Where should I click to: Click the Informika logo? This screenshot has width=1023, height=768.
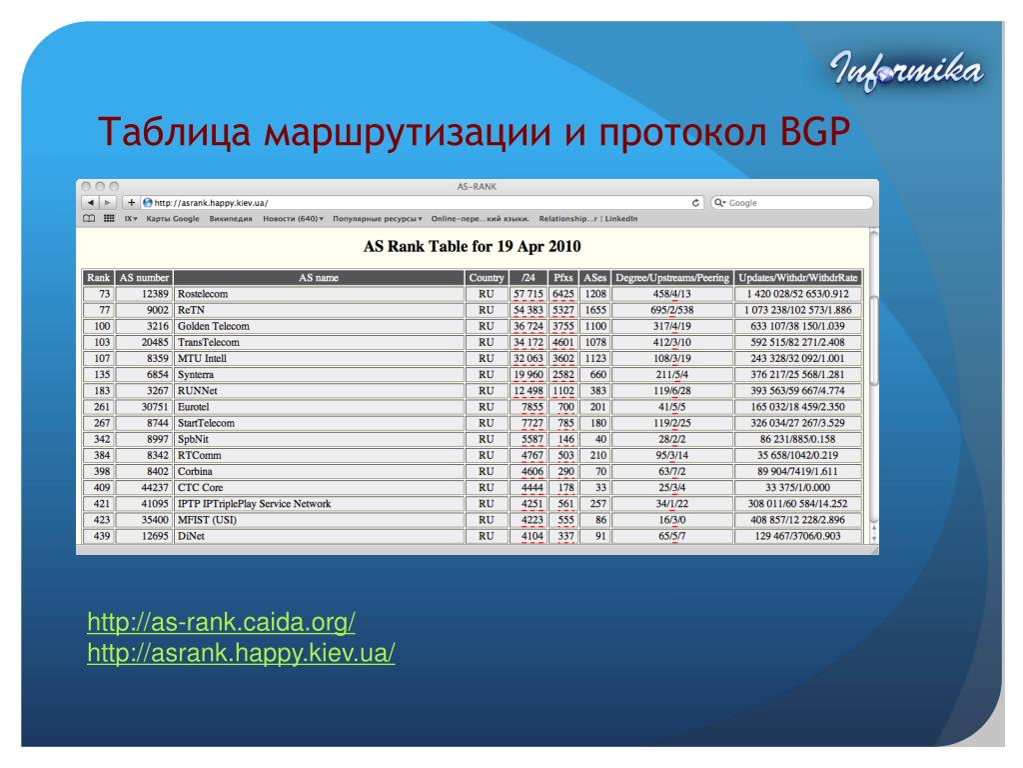(906, 71)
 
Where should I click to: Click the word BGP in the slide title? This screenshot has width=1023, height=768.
(815, 131)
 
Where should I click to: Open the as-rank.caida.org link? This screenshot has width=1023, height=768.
(221, 622)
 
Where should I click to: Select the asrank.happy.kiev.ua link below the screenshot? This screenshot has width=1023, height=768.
(241, 652)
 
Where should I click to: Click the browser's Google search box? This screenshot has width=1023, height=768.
(791, 203)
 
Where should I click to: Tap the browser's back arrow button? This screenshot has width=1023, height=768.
(91, 203)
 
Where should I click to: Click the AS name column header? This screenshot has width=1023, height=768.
(319, 278)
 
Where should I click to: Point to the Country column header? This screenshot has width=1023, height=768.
(487, 278)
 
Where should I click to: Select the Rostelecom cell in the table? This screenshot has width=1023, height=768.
(319, 294)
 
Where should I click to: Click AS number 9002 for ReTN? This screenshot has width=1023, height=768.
(144, 310)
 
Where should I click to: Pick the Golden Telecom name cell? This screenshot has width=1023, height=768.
(319, 326)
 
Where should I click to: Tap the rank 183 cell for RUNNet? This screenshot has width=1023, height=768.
(99, 391)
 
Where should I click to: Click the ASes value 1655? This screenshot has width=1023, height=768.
(595, 310)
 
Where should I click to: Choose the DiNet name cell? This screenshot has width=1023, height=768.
(319, 536)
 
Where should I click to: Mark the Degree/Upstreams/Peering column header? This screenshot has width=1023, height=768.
(672, 278)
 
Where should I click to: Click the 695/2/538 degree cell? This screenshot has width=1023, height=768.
(672, 310)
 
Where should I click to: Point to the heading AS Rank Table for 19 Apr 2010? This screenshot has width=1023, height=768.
(472, 246)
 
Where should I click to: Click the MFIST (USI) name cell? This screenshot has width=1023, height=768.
(319, 520)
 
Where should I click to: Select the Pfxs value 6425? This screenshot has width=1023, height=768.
(562, 294)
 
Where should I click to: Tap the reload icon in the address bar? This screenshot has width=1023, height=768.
(695, 203)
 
